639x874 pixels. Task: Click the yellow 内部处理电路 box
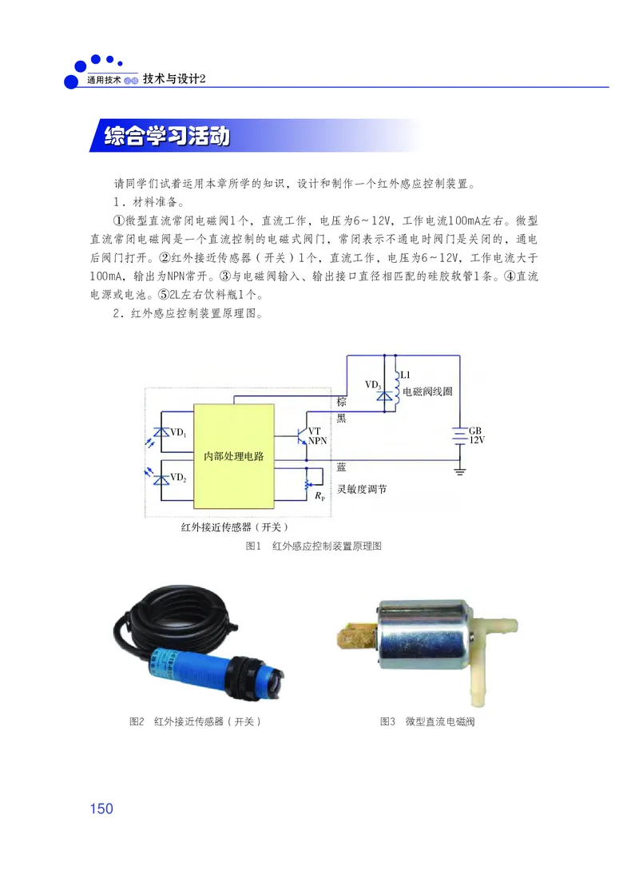point(233,455)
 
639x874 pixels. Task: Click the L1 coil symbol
point(395,387)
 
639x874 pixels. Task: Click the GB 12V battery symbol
point(458,435)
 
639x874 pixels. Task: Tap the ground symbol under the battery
point(458,471)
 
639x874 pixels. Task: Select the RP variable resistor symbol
point(308,484)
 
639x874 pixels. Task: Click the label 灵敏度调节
point(362,490)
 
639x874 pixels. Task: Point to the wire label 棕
point(341,400)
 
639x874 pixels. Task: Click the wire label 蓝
point(341,466)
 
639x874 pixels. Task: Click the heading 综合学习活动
point(167,137)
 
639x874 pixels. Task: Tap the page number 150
point(101,808)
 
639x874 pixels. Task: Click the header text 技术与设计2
point(175,79)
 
